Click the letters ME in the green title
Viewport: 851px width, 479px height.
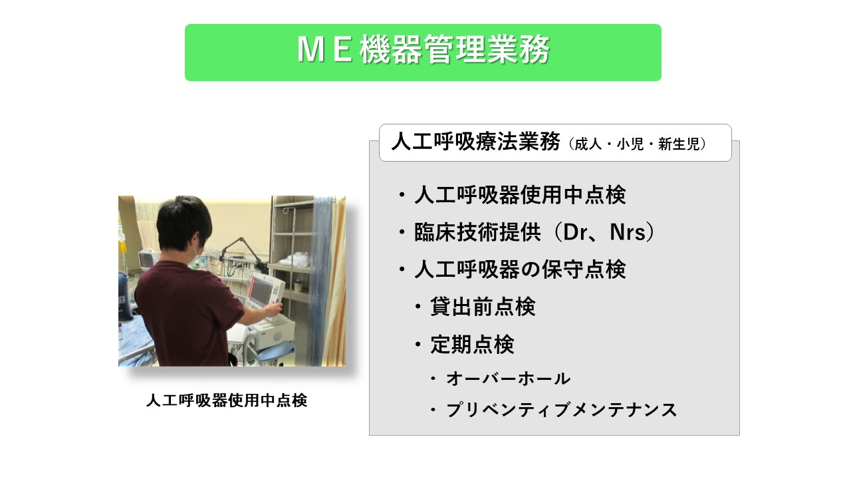pos(324,51)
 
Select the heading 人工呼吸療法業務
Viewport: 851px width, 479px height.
pos(475,142)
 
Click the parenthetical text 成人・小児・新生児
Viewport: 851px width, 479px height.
pos(637,144)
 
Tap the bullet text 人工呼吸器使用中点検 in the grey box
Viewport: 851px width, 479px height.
pos(520,196)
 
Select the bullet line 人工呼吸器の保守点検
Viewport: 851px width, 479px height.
pos(520,269)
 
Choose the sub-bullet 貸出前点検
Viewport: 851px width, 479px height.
pos(483,307)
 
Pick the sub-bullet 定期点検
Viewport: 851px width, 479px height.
pos(472,345)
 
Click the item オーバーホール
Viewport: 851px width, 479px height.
pos(509,379)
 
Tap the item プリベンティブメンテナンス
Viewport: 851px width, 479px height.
pos(562,410)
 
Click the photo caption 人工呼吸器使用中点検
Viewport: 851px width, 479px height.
pos(227,401)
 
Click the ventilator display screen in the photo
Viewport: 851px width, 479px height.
pos(261,291)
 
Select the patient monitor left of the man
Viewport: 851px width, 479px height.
pos(147,259)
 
